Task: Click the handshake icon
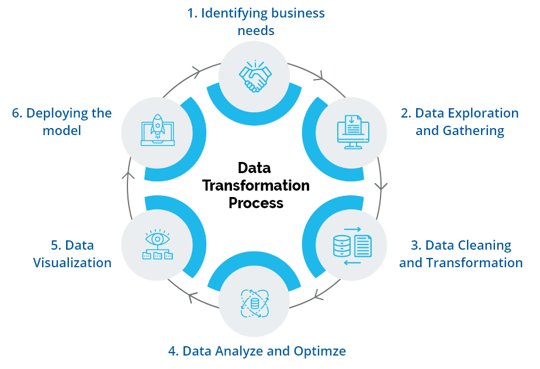[255, 76]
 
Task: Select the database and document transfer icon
[351, 245]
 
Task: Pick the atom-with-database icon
[254, 302]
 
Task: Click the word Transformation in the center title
[256, 186]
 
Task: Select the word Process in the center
[256, 204]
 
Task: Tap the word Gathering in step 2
[475, 130]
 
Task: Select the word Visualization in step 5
[72, 263]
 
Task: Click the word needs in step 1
[256, 30]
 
